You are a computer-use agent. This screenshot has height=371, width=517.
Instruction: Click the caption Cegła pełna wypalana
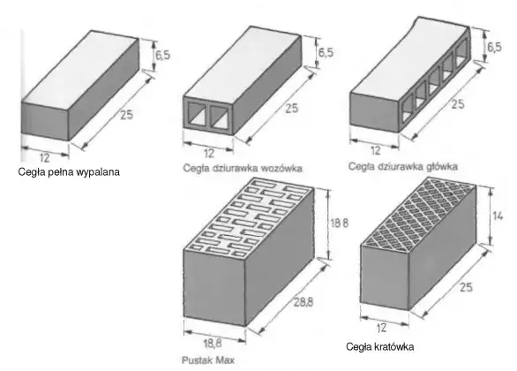pyautogui.click(x=69, y=172)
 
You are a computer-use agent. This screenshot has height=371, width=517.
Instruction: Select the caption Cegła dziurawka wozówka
pyautogui.click(x=243, y=169)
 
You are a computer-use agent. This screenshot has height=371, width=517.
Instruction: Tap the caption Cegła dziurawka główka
pyautogui.click(x=403, y=166)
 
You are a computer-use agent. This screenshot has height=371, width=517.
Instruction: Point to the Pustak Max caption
pyautogui.click(x=208, y=360)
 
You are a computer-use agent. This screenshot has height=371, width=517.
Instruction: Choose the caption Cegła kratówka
pyautogui.click(x=380, y=347)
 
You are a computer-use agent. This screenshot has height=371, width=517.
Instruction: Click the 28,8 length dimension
pyautogui.click(x=303, y=302)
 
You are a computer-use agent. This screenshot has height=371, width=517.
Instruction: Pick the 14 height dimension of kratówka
pyautogui.click(x=498, y=216)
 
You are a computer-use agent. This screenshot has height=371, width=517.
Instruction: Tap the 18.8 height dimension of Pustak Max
pyautogui.click(x=340, y=223)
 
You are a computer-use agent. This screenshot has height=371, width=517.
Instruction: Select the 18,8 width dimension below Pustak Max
pyautogui.click(x=213, y=344)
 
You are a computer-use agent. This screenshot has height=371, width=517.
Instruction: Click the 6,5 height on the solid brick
pyautogui.click(x=163, y=55)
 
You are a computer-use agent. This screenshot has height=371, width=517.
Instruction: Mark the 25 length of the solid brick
pyautogui.click(x=126, y=115)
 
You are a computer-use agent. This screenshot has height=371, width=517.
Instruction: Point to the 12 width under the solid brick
pyautogui.click(x=44, y=158)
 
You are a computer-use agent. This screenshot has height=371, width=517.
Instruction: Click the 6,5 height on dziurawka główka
pyautogui.click(x=494, y=47)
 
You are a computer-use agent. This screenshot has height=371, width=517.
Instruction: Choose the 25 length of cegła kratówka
pyautogui.click(x=466, y=287)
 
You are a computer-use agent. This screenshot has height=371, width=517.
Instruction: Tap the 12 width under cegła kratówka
pyautogui.click(x=381, y=328)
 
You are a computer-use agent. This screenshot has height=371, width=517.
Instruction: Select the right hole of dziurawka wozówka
pyautogui.click(x=221, y=117)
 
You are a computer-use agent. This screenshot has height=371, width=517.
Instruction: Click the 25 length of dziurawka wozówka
pyautogui.click(x=291, y=109)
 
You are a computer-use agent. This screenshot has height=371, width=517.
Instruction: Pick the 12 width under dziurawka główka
pyautogui.click(x=376, y=150)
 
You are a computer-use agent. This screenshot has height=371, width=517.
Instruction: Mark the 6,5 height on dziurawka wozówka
pyautogui.click(x=326, y=52)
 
